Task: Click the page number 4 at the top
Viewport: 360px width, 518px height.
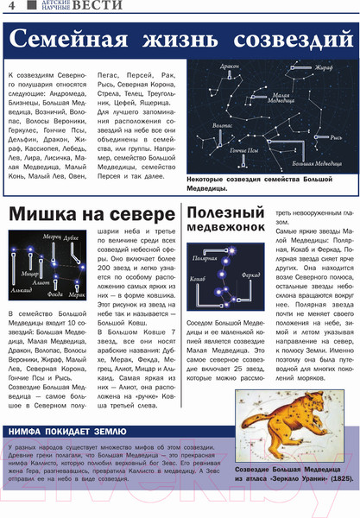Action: [11, 8]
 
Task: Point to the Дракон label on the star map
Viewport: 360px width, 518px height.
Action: [230, 66]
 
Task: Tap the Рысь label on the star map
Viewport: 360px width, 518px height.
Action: [336, 136]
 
